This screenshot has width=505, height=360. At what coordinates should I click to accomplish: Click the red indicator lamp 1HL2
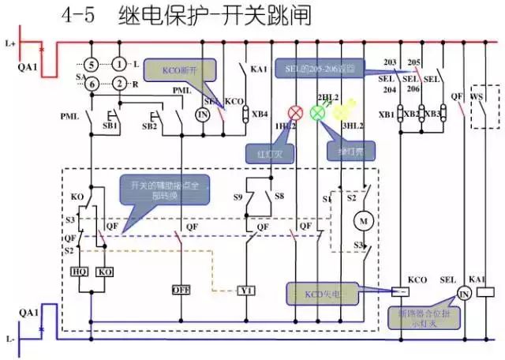point(297,112)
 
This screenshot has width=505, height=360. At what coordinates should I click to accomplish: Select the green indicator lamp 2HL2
point(319,112)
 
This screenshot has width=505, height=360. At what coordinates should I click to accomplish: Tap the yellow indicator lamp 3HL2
point(341,112)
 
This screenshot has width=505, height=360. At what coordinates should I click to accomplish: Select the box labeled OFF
point(181,290)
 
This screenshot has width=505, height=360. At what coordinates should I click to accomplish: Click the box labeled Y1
point(247,290)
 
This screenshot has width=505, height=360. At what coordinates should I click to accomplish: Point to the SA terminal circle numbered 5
point(92,64)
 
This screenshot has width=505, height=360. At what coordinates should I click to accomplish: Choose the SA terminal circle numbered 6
point(92,84)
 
